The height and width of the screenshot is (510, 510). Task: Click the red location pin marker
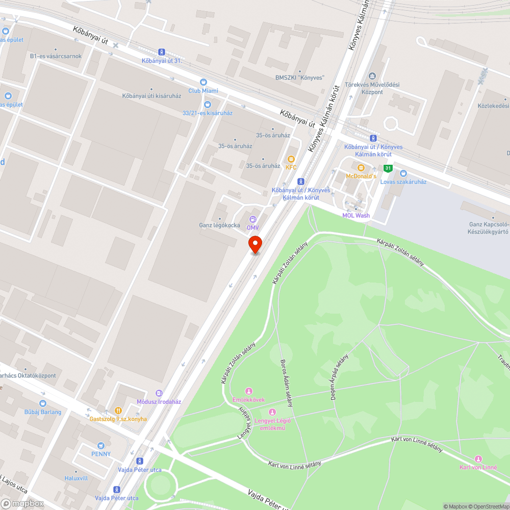pos(255,244)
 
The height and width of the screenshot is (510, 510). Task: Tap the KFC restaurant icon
pos(291,159)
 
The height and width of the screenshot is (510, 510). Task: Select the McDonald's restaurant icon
pos(361,168)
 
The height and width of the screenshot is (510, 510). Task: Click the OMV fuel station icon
pos(252,219)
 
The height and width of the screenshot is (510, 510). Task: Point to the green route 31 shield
pos(388,168)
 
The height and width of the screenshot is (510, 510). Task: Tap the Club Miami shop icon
pos(203,82)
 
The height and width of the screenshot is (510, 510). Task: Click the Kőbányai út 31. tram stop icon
pos(162,52)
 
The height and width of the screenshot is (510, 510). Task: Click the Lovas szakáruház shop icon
pos(403,173)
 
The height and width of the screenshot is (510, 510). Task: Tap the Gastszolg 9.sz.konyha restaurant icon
pos(118,410)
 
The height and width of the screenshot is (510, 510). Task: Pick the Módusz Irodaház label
pos(159,401)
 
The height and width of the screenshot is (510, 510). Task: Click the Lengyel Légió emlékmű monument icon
pos(272,412)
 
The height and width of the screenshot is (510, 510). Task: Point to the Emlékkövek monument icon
pos(249,391)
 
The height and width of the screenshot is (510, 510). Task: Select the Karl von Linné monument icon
pos(478,458)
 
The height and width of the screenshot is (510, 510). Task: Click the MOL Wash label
pos(356,215)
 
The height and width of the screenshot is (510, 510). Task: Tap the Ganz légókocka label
pos(219,225)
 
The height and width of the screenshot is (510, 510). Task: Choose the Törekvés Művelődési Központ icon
pos(371,75)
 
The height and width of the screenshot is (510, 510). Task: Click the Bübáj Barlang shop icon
pos(43,403)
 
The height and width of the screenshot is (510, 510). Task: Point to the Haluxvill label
pos(76,478)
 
